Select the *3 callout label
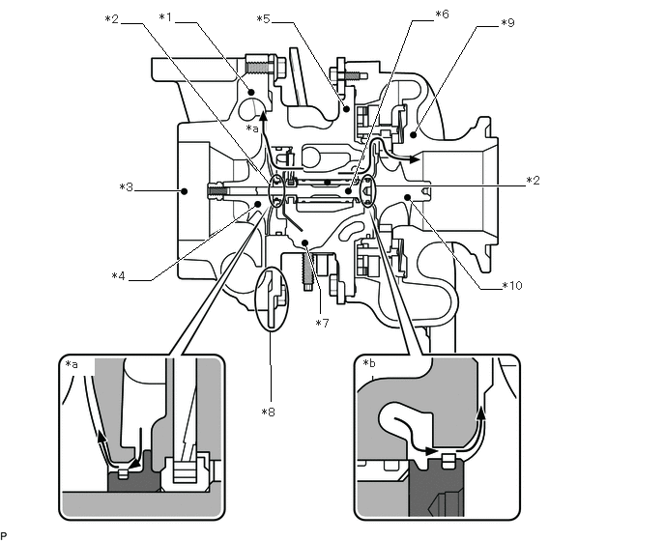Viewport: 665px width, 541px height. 126,186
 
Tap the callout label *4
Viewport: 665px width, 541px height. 119,277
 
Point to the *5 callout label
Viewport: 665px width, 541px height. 263,18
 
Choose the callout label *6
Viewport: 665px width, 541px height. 441,14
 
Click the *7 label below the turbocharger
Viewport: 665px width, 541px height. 323,322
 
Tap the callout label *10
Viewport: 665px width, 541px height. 511,286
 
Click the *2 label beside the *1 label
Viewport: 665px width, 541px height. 112,17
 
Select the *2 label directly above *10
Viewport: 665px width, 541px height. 533,181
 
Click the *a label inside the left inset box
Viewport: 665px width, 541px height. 72,364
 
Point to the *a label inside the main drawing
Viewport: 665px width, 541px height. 253,128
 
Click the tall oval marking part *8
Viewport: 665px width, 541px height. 273,300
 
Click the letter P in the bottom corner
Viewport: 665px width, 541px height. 4,534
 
